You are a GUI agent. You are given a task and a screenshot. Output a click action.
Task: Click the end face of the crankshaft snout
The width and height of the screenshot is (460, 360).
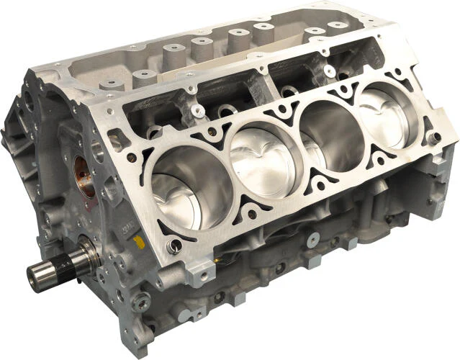point(35,274)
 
